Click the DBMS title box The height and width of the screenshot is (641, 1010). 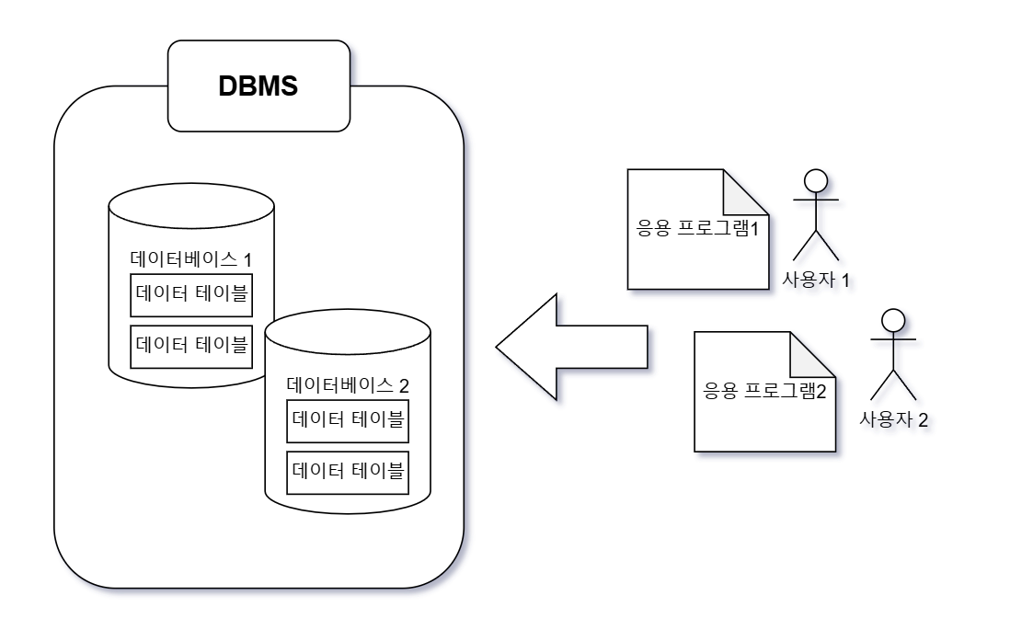click(x=259, y=86)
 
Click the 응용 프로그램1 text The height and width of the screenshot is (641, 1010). click(x=697, y=228)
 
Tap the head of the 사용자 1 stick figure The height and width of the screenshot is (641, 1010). click(x=813, y=180)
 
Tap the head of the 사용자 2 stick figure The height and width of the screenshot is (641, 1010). click(x=891, y=320)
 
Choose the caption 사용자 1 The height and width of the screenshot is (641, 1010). click(x=813, y=279)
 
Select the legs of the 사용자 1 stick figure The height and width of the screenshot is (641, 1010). click(x=813, y=244)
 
